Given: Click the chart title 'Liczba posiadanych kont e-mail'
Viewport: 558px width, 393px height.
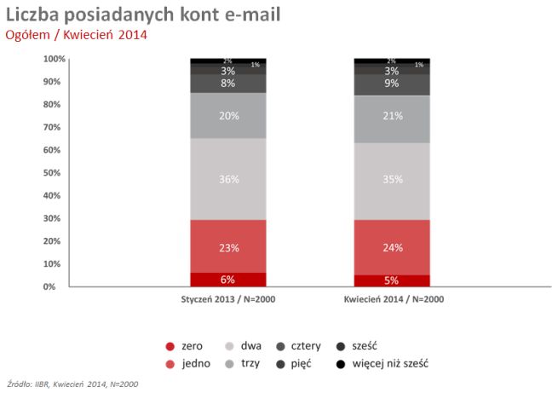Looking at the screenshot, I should click(x=142, y=15).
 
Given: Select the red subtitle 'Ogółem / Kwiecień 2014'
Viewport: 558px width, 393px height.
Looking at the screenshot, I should click(x=77, y=35).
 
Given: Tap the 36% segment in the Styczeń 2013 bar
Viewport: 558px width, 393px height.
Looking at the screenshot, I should click(x=228, y=179).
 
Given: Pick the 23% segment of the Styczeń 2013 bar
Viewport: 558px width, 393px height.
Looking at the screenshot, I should click(x=228, y=246).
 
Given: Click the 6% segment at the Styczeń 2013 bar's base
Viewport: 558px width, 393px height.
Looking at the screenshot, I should click(x=228, y=280).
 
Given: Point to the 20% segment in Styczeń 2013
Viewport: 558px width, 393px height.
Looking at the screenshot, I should click(x=228, y=116).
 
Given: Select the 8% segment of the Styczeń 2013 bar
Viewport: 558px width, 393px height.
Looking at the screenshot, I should click(x=228, y=84).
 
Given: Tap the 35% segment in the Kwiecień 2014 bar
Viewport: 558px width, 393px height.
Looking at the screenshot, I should click(x=392, y=180).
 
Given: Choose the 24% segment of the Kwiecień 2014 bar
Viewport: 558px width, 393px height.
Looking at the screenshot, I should click(x=392, y=247).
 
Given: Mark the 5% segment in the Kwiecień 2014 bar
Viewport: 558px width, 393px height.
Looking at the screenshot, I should click(x=392, y=280).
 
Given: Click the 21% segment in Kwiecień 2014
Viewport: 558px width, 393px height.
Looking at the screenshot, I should click(x=392, y=116).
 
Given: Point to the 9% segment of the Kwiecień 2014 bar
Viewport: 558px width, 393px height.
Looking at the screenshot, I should click(x=392, y=84).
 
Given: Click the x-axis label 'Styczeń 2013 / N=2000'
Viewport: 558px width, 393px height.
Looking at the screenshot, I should click(x=228, y=299).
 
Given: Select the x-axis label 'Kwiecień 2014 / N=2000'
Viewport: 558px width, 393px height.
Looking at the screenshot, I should click(x=393, y=299).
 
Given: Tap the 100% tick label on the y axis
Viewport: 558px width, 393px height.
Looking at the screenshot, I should click(x=53, y=59).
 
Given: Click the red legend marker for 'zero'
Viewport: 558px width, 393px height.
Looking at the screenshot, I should click(x=170, y=346).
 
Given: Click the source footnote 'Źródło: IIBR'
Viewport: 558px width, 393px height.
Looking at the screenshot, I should click(x=72, y=384).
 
